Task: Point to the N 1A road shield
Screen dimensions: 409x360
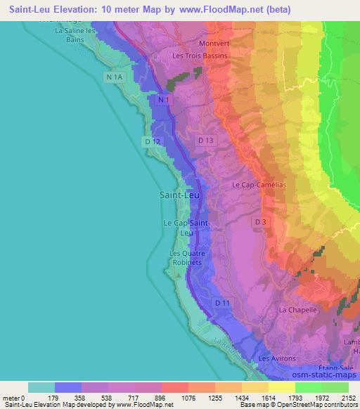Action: coord(113,76)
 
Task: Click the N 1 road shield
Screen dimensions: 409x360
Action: coord(163,101)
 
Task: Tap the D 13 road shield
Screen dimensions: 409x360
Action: coord(205,141)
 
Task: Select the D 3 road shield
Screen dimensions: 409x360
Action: coord(260,222)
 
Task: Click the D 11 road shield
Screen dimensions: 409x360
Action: coord(222,302)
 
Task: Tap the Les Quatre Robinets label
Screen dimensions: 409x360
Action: coord(186,257)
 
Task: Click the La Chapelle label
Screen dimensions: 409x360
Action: coord(299,309)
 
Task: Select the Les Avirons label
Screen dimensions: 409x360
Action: coord(275,358)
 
